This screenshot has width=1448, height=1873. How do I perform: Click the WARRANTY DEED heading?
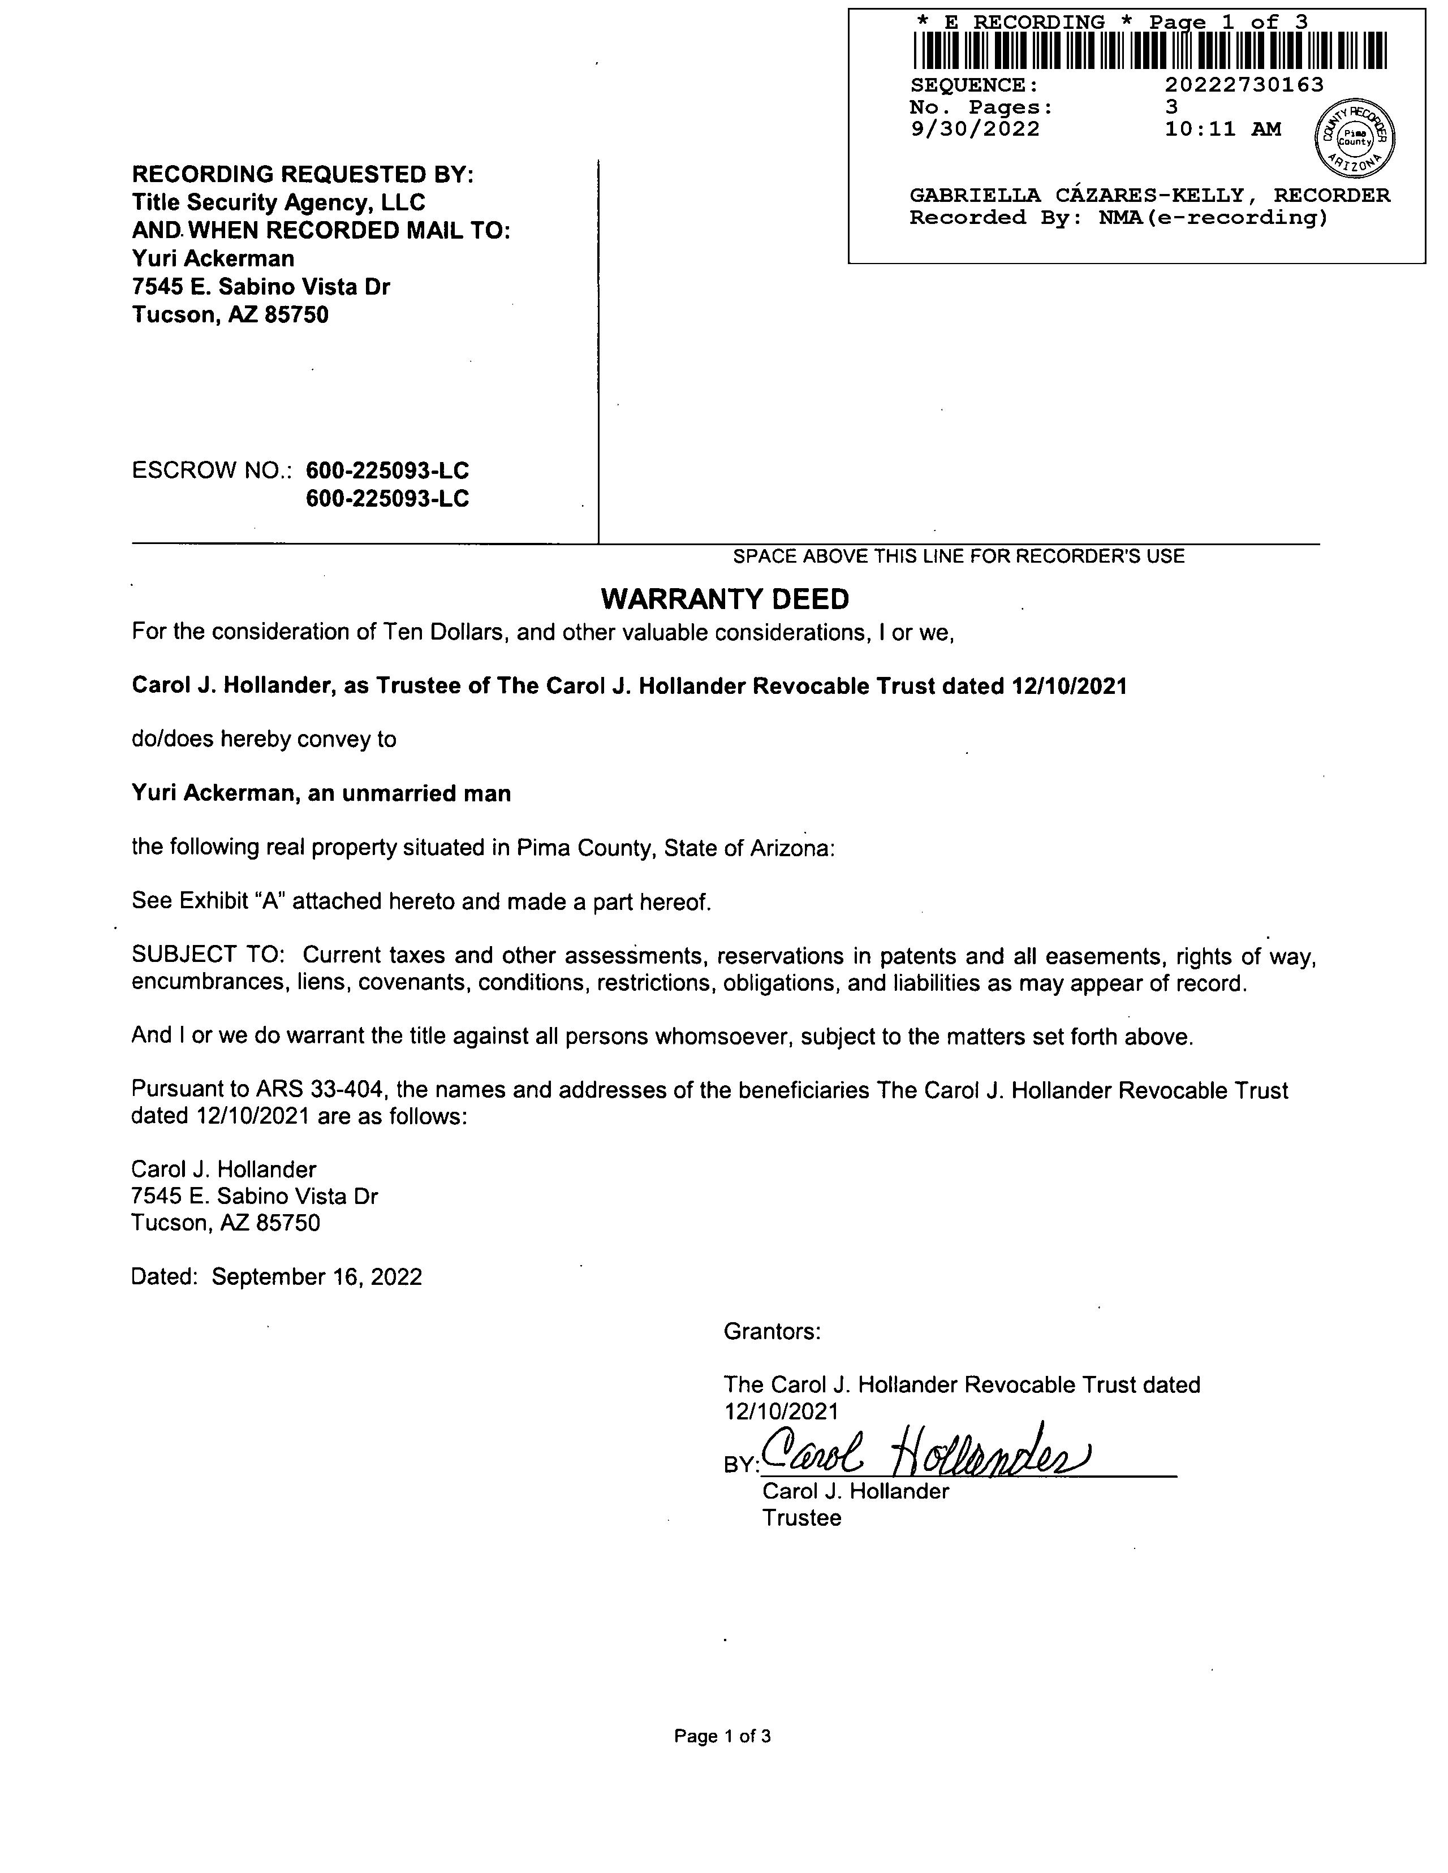pos(725,599)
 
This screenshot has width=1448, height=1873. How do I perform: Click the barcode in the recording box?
pos(1149,50)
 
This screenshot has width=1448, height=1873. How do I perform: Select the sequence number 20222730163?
pos(1244,85)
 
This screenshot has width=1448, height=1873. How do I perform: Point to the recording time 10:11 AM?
pos(1222,130)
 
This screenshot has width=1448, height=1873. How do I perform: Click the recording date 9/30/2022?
pos(975,130)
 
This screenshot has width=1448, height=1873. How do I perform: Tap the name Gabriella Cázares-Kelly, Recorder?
pos(1149,196)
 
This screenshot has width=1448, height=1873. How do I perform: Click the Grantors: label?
pos(772,1332)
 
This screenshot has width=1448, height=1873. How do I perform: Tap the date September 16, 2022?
pos(317,1277)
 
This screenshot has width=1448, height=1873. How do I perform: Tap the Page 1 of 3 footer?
pos(722,1737)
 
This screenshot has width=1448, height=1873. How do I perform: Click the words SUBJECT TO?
pos(213,955)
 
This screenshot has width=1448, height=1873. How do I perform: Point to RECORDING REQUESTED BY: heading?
pos(302,174)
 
